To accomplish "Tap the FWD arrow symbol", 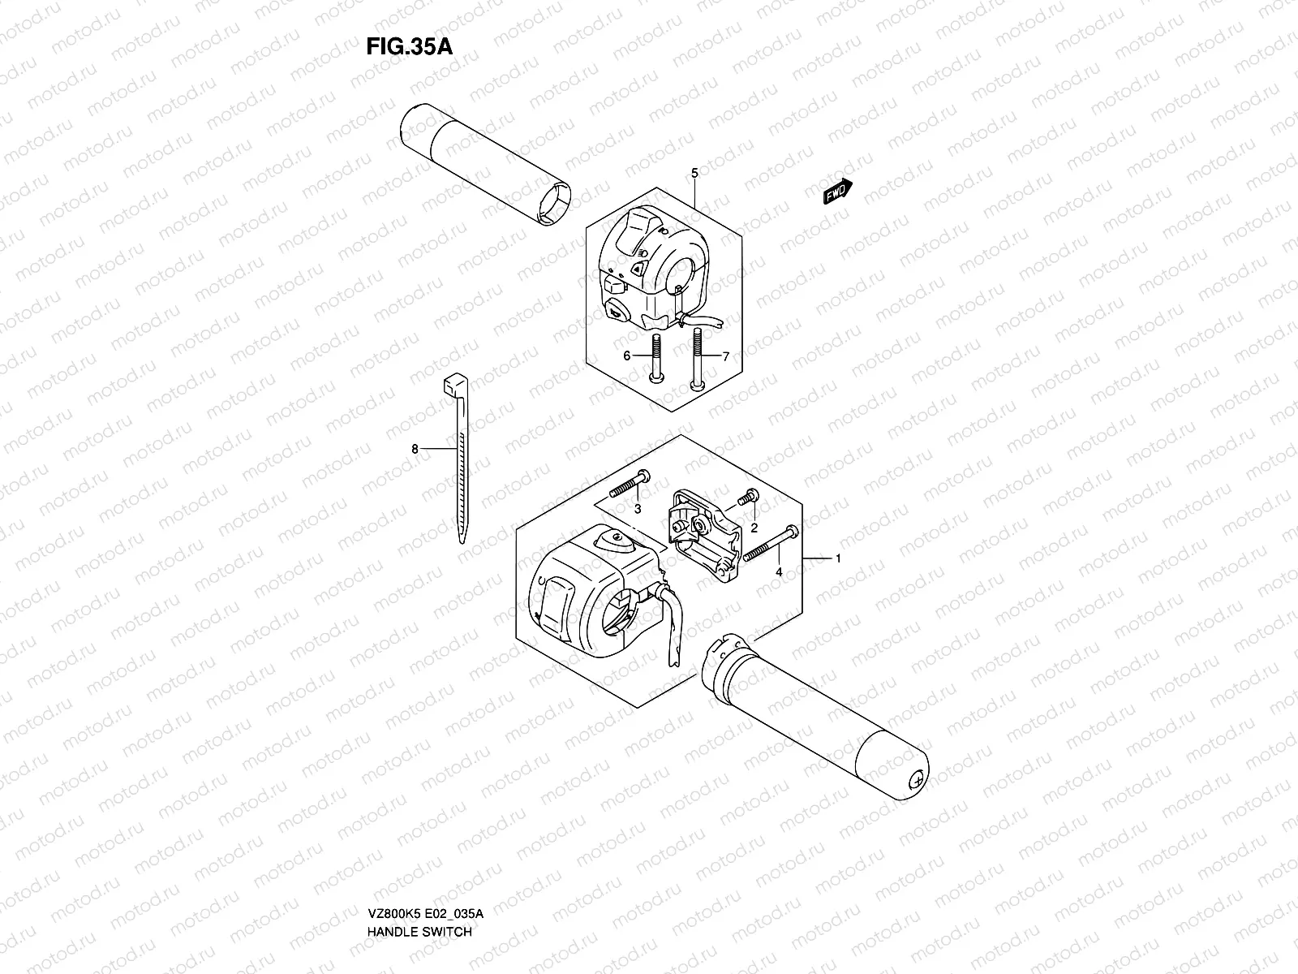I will click(x=836, y=192).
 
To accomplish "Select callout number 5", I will click(x=694, y=173).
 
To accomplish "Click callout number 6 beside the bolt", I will click(x=626, y=356).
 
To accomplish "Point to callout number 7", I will click(x=726, y=356).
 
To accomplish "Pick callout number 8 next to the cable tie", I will click(x=415, y=448).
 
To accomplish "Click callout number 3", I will click(x=638, y=509).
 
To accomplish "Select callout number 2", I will click(x=754, y=528).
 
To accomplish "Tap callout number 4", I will click(x=779, y=571).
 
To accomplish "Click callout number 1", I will click(x=838, y=558).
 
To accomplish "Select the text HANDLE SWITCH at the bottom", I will click(x=419, y=886).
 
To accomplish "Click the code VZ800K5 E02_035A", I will click(x=425, y=868).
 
